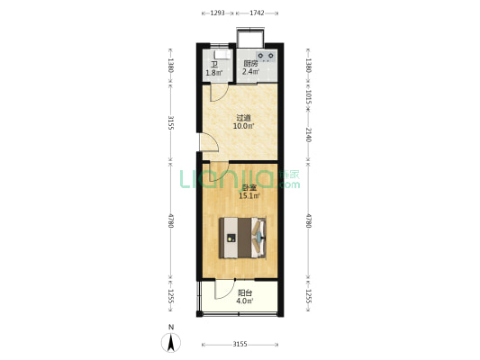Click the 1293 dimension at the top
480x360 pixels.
(x=218, y=13)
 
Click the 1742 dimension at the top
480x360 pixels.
(x=258, y=13)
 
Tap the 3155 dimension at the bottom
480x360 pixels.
(x=240, y=345)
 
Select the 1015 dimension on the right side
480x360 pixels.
(x=308, y=96)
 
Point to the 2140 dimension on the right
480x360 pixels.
(x=308, y=135)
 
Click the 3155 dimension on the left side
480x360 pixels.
(x=170, y=122)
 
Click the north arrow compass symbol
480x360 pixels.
(x=171, y=343)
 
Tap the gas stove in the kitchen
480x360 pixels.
(x=266, y=56)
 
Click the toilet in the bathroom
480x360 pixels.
(x=222, y=54)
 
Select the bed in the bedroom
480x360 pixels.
(x=242, y=238)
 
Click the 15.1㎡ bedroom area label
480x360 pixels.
(x=249, y=196)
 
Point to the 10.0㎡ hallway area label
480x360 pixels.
(x=244, y=126)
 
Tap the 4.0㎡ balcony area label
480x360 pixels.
(x=245, y=301)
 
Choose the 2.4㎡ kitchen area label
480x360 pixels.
(x=250, y=72)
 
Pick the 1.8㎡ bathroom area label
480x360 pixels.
(x=214, y=73)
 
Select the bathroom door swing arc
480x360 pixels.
(x=222, y=95)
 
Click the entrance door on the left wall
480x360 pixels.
(x=209, y=142)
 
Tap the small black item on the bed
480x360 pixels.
(x=231, y=238)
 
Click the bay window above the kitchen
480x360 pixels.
(x=250, y=38)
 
